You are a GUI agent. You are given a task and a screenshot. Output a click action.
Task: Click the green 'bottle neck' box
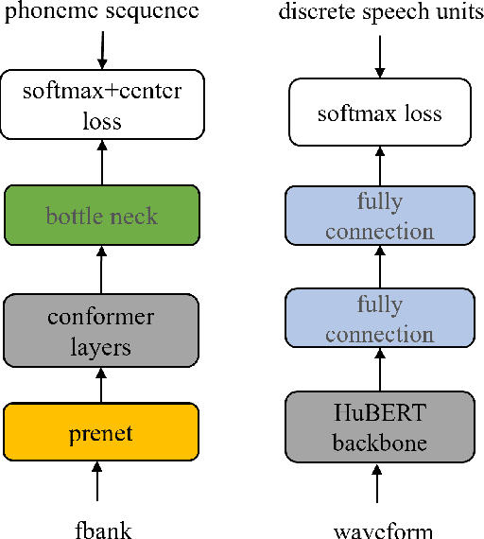click(101, 217)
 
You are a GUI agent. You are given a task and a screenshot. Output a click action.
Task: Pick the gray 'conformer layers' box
click(101, 330)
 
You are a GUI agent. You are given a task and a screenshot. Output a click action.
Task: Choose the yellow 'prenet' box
click(101, 433)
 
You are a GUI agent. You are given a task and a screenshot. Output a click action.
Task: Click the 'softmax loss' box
click(379, 113)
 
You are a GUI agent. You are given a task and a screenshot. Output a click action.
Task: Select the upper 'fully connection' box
click(379, 217)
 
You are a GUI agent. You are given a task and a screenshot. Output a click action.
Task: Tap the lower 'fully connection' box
click(379, 320)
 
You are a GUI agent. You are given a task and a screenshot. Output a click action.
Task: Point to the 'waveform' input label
click(378, 529)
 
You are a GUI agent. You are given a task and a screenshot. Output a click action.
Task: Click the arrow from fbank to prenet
click(98, 482)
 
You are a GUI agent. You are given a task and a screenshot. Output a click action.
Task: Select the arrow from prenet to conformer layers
click(100, 383)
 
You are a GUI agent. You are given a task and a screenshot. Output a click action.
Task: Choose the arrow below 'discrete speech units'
click(379, 57)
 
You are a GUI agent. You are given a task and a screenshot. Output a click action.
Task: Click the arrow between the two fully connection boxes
click(379, 268)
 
